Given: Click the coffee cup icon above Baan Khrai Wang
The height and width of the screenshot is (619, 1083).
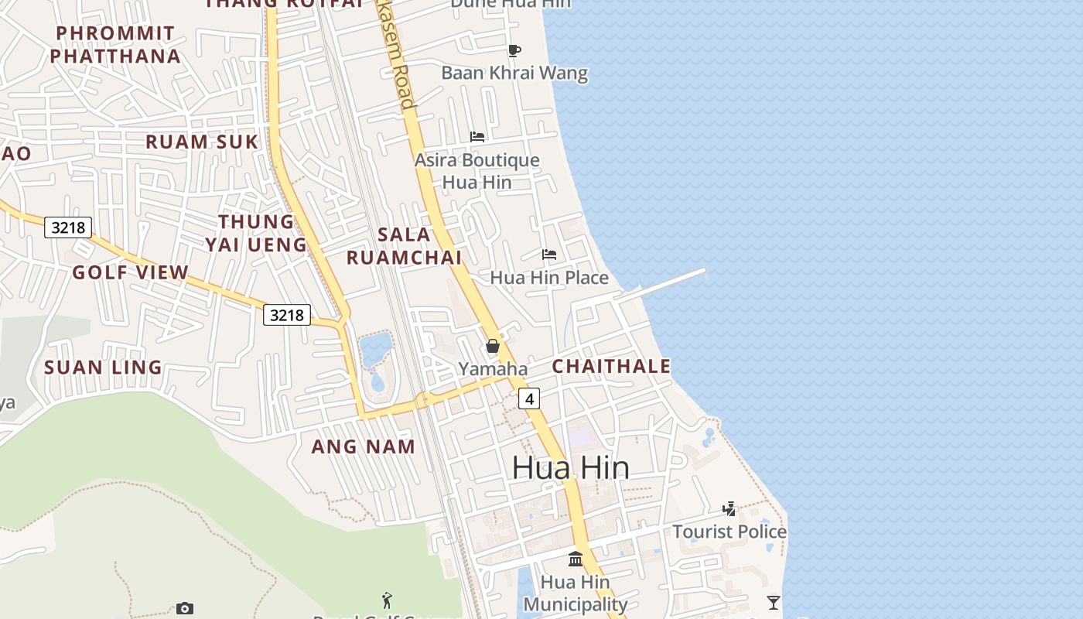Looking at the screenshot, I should click(514, 51).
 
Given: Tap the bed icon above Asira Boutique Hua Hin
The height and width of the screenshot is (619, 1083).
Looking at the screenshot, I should click(477, 137).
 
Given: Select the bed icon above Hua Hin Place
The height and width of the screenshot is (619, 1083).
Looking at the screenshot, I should click(548, 254).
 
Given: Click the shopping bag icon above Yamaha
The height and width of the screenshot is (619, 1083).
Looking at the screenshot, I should click(493, 346).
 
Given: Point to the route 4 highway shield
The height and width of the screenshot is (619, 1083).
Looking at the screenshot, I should click(529, 398).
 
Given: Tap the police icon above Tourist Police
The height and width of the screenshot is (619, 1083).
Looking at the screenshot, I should click(729, 508).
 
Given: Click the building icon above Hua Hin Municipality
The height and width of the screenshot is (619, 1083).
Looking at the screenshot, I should click(576, 559).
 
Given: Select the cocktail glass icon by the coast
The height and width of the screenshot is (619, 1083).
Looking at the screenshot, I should click(773, 602).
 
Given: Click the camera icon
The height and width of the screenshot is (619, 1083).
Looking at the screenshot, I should click(184, 608).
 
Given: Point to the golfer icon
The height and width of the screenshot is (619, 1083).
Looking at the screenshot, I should click(387, 600).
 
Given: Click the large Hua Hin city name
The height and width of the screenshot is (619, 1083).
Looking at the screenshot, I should click(570, 467).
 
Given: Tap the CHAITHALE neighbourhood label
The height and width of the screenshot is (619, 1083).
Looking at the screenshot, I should click(611, 366).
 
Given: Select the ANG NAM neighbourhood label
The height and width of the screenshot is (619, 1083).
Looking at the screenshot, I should click(363, 446).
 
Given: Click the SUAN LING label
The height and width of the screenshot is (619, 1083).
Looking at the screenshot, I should click(103, 368).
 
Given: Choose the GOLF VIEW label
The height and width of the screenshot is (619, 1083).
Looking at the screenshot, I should click(130, 272).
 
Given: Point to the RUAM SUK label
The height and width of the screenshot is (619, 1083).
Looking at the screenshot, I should click(202, 142).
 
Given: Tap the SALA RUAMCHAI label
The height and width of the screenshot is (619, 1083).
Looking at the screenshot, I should click(404, 246).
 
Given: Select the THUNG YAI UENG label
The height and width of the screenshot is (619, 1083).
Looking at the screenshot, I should click(256, 233).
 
